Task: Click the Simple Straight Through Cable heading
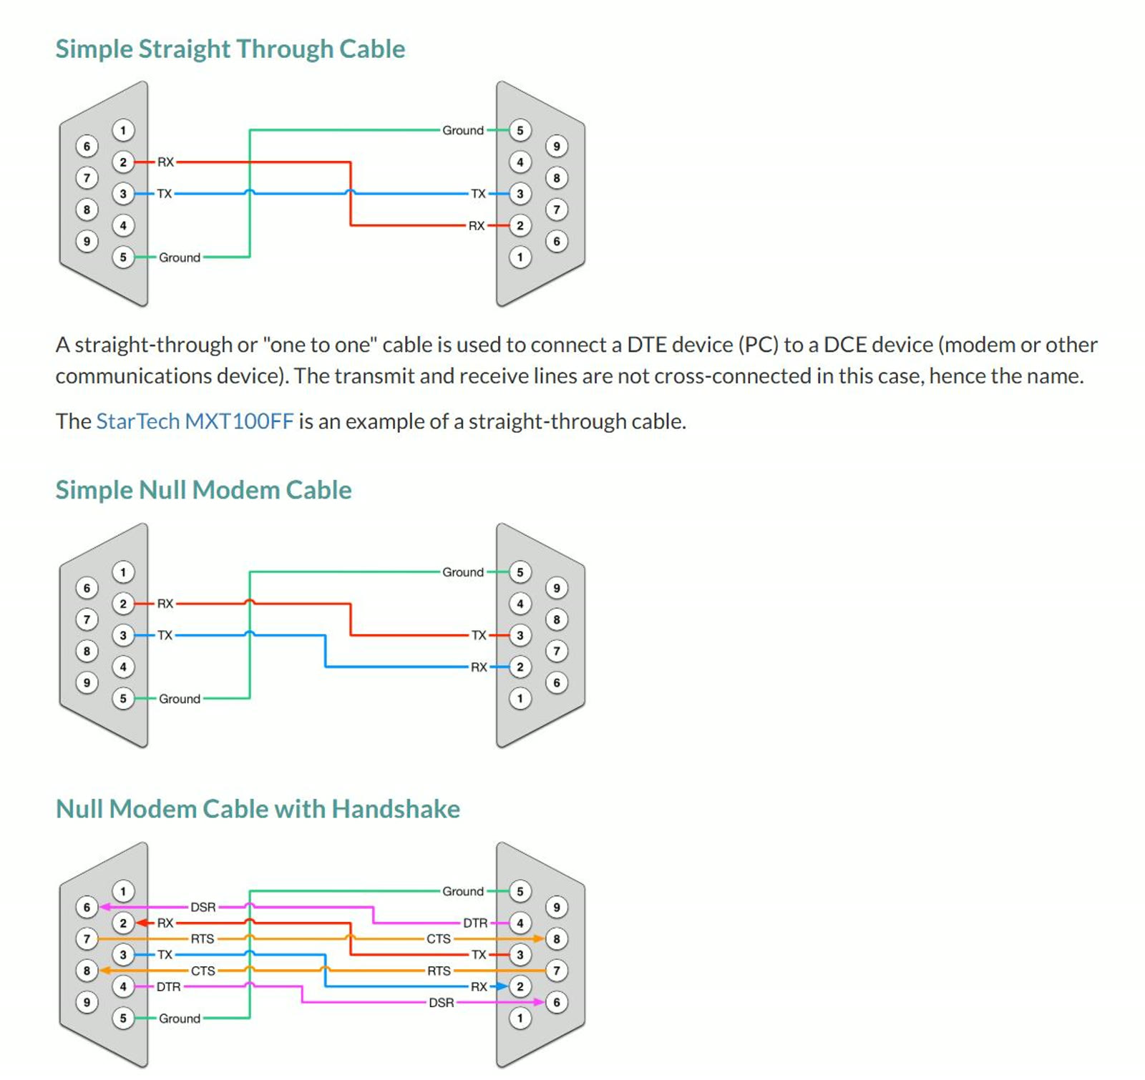point(230,49)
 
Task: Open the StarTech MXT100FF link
point(195,421)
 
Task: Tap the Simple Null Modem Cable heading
point(203,490)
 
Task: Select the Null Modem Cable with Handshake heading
point(258,809)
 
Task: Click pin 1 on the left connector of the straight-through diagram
point(123,130)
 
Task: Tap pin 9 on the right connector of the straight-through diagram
point(557,147)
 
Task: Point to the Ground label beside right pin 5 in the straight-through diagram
point(463,130)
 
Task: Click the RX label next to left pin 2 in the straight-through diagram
point(165,162)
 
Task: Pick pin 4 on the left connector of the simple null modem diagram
point(123,667)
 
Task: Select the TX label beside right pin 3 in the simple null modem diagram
point(479,635)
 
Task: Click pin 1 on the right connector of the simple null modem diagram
point(520,699)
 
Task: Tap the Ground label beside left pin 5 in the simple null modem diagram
point(180,699)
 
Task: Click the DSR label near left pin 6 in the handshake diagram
point(203,907)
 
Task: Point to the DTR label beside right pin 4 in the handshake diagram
point(475,923)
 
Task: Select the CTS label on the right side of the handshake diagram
point(439,938)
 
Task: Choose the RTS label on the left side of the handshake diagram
point(203,938)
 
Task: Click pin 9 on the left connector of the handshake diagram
point(87,1002)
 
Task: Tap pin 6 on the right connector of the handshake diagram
point(557,1002)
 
